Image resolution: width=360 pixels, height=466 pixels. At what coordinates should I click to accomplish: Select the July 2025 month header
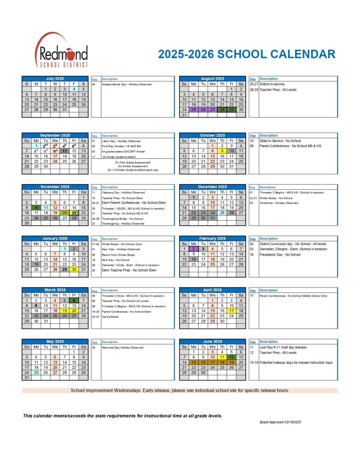click(x=55, y=79)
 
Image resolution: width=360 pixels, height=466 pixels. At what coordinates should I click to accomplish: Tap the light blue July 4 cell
click(x=74, y=89)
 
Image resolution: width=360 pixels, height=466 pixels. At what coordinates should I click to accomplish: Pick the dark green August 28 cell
click(x=222, y=110)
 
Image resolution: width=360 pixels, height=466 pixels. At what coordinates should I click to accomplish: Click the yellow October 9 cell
click(x=222, y=151)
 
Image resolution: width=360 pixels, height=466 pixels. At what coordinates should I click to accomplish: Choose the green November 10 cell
click(x=36, y=208)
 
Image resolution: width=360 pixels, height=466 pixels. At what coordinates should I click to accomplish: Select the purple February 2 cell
click(x=193, y=249)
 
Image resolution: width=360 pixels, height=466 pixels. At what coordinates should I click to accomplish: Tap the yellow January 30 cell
click(x=74, y=269)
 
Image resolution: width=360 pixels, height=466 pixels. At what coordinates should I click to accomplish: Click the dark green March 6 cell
click(x=74, y=301)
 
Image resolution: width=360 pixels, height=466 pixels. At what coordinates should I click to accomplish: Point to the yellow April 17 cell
click(x=231, y=311)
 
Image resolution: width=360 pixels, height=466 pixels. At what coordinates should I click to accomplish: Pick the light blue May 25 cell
click(x=36, y=373)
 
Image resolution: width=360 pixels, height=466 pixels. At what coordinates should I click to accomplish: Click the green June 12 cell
click(x=231, y=357)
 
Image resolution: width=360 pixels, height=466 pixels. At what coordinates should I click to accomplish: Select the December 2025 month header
click(x=212, y=187)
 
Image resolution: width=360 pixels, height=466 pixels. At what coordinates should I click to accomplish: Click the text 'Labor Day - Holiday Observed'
click(x=121, y=141)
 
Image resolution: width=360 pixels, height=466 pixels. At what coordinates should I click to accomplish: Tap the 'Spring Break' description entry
click(x=110, y=317)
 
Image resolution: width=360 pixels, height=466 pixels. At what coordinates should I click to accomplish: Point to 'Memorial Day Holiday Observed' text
click(x=123, y=348)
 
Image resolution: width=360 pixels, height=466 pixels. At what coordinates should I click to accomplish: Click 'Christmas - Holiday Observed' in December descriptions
click(x=279, y=203)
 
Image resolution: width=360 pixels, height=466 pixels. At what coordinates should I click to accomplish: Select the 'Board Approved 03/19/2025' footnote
click(x=280, y=422)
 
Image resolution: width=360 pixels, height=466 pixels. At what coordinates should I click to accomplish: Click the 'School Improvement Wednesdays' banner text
click(x=179, y=390)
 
